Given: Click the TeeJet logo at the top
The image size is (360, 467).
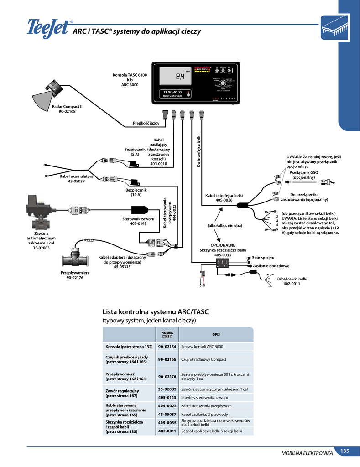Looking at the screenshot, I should pyautogui.click(x=47, y=28).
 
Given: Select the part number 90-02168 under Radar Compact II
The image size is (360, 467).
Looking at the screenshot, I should pyautogui.click(x=67, y=111).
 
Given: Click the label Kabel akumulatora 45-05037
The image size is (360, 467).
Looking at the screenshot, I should pyautogui.click(x=77, y=179).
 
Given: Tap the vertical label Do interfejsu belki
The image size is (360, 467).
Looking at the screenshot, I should pyautogui.click(x=199, y=150).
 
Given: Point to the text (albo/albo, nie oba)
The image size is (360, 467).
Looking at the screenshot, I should pyautogui.click(x=224, y=225).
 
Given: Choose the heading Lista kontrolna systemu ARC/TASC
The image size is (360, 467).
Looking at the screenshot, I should pyautogui.click(x=155, y=312).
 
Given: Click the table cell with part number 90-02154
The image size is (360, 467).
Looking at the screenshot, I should pyautogui.click(x=167, y=346).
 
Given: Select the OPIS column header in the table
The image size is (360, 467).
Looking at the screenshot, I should pyautogui.click(x=216, y=334).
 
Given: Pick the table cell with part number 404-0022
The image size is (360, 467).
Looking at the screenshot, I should pyautogui.click(x=167, y=405).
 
